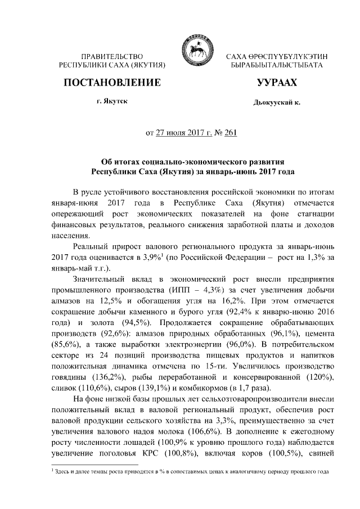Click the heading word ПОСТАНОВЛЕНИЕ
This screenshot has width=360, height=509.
(x=112, y=83)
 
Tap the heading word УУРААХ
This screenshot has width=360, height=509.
(x=276, y=83)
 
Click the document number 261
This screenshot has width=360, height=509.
(x=231, y=133)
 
